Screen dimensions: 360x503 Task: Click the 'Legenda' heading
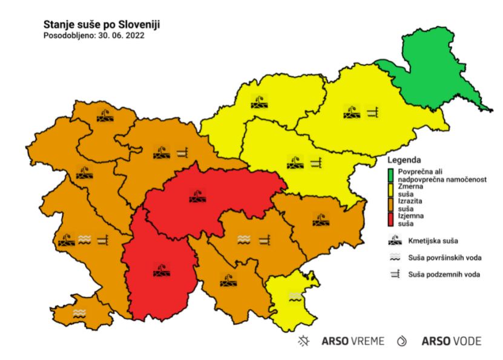(x=405, y=161)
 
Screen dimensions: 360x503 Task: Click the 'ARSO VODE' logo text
(x=451, y=341)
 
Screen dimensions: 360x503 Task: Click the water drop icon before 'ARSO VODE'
(x=401, y=341)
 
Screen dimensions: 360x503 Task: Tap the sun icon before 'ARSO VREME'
(x=304, y=341)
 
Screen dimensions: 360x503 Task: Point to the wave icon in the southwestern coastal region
(x=79, y=313)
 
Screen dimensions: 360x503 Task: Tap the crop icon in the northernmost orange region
(x=105, y=115)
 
